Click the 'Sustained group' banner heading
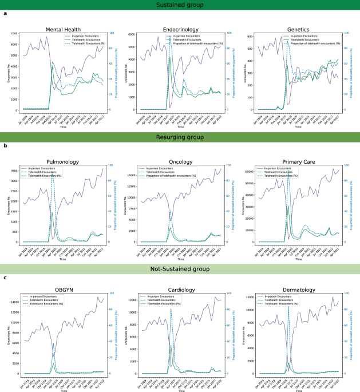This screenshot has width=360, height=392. [x=180, y=5]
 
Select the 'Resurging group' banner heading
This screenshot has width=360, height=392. [x=180, y=138]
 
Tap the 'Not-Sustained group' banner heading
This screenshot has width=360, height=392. [x=180, y=269]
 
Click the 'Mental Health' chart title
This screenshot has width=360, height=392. [x=61, y=29]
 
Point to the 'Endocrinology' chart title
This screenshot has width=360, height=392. [x=180, y=29]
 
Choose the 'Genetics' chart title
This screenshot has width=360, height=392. [x=298, y=29]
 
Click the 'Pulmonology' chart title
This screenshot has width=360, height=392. [x=61, y=161]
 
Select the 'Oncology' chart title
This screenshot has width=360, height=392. [x=180, y=161]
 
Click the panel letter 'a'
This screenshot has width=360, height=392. [x=5, y=14]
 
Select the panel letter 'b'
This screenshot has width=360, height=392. [x=5, y=146]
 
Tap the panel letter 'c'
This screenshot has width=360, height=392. [x=5, y=278]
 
